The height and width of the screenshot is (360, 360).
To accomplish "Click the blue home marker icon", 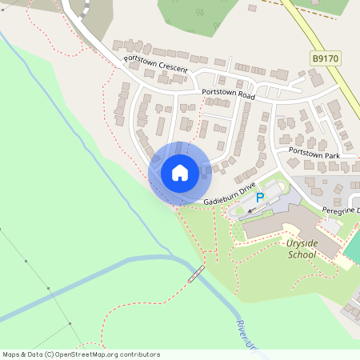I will [179, 172].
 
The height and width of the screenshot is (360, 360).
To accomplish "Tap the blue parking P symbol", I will [259, 197].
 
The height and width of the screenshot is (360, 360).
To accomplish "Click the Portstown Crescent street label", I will [155, 65].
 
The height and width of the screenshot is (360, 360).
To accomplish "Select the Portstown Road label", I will [228, 94].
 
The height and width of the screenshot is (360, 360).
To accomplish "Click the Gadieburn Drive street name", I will [229, 194].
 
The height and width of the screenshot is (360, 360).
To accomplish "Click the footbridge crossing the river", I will [194, 274].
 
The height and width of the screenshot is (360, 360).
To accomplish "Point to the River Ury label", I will [246, 334].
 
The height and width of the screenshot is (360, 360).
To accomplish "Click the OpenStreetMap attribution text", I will [80, 354].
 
